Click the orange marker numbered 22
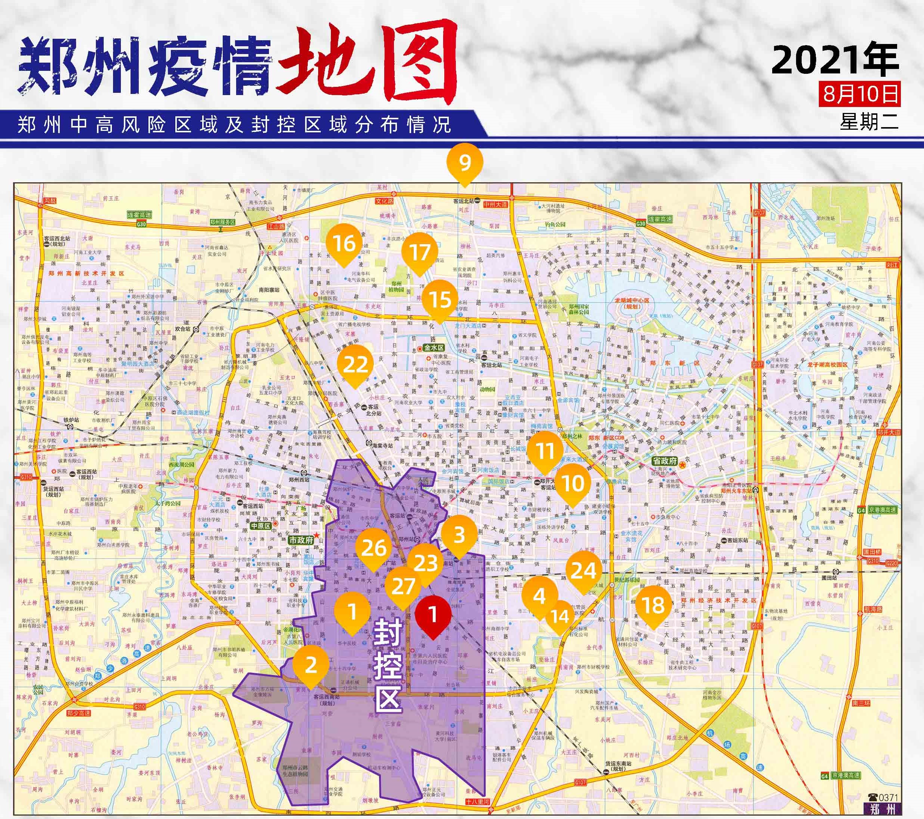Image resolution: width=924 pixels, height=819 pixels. click(x=355, y=364)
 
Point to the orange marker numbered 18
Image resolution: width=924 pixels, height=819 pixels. click(x=653, y=605)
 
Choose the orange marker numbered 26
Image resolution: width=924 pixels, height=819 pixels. click(x=373, y=548)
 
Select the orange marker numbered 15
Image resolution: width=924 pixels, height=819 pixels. click(x=440, y=299)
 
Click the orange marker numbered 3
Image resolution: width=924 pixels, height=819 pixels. click(x=459, y=535)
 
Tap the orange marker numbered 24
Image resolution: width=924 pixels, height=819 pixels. click(x=583, y=571)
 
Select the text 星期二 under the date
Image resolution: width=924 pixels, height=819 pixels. click(x=869, y=121)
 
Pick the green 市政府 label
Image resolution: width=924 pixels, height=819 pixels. click(x=301, y=540)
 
